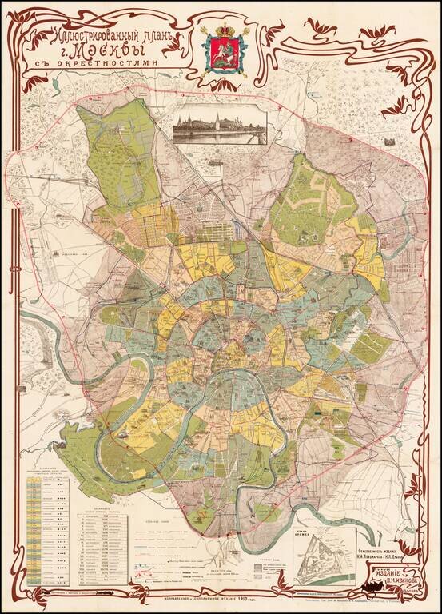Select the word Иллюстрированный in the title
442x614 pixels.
(x=94, y=36)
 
